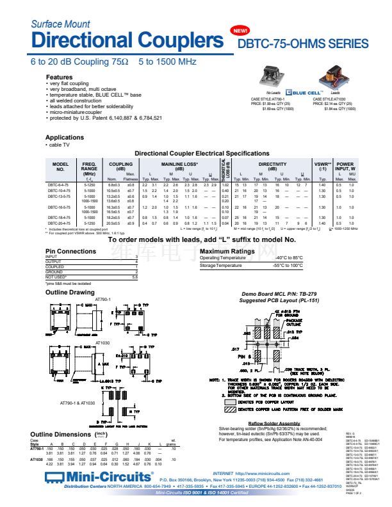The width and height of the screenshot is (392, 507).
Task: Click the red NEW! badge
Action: (240, 31)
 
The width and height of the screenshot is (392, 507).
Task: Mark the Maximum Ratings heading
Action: (227, 252)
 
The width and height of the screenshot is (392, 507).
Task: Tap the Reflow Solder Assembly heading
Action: (274, 423)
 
